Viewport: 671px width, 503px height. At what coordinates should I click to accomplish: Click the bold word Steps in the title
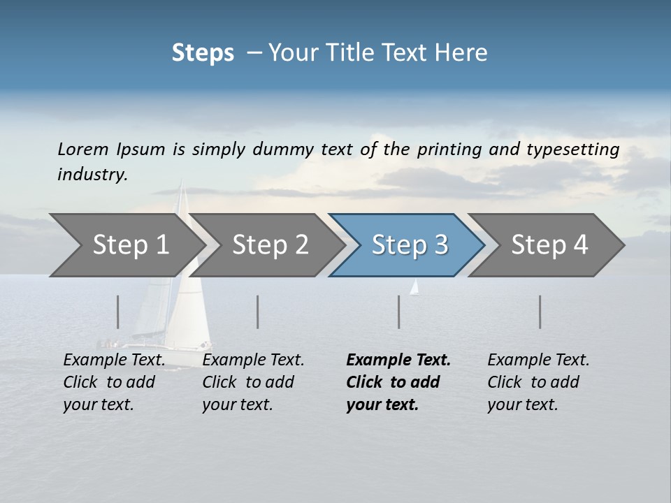(203, 53)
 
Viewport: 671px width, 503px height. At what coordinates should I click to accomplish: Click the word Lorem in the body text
(82, 149)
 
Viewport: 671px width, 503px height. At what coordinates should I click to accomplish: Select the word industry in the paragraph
(92, 175)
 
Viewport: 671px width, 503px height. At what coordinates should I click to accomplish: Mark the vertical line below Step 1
(117, 312)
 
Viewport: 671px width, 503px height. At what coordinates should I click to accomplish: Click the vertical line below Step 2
(258, 312)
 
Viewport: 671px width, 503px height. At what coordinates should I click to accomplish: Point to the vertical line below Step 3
(398, 312)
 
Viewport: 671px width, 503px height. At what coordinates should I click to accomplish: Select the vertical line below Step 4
(540, 312)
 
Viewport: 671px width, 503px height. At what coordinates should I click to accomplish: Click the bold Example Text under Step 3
(398, 360)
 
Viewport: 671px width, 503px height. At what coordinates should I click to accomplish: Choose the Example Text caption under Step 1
(115, 360)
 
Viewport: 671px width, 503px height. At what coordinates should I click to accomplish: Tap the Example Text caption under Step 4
(538, 360)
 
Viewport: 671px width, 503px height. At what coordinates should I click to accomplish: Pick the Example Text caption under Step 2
(253, 360)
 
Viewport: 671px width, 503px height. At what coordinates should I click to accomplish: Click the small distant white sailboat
(414, 287)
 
